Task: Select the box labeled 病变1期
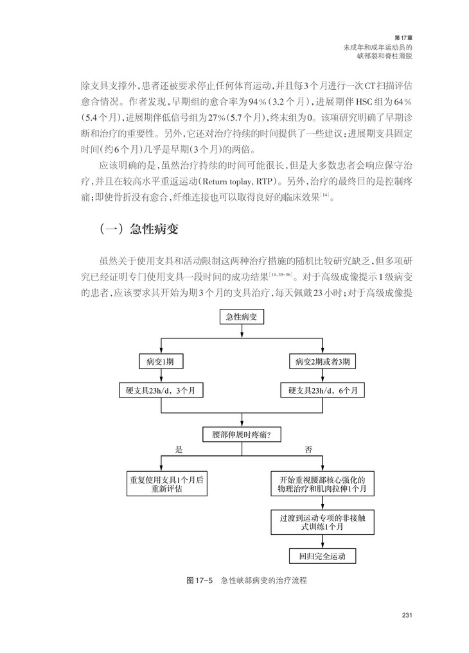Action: click(161, 361)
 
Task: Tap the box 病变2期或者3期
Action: click(322, 361)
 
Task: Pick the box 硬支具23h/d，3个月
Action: click(161, 390)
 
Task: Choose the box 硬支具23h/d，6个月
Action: click(322, 390)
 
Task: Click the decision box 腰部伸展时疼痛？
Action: click(241, 435)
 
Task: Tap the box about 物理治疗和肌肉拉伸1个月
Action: click(322, 483)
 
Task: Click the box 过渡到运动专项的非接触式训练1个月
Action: click(322, 521)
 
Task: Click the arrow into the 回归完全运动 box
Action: click(322, 543)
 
